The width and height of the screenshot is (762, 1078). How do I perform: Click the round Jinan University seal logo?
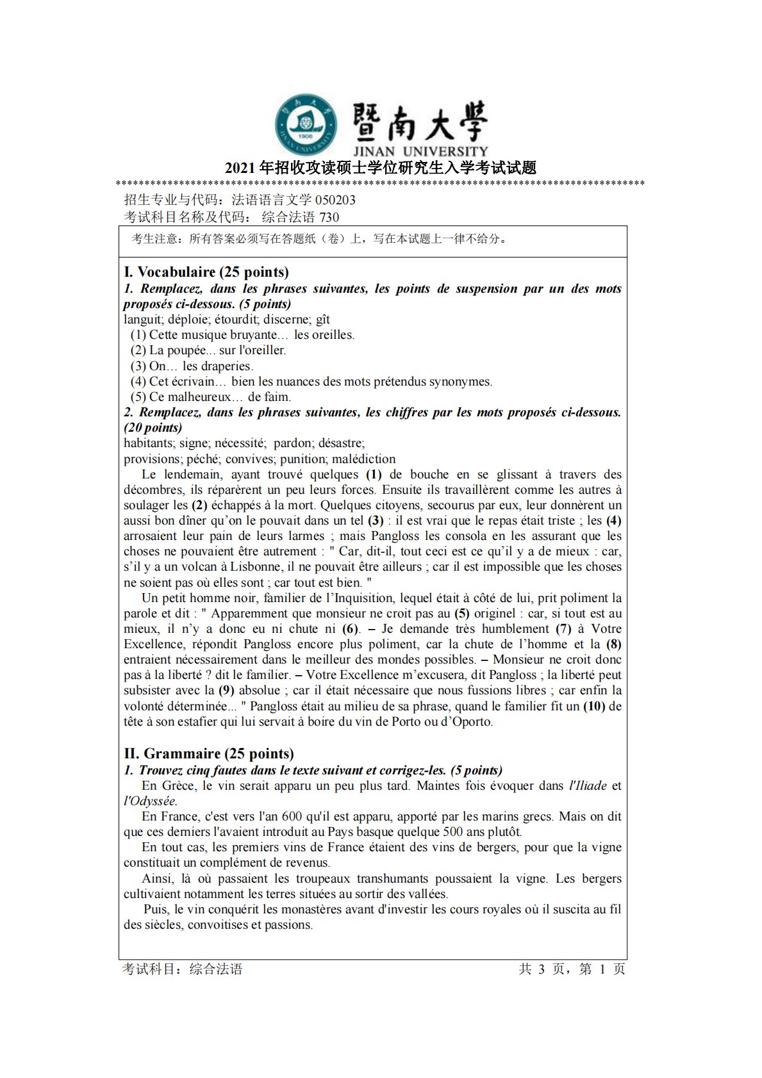306,126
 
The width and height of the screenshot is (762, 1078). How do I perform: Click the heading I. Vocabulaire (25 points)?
206,272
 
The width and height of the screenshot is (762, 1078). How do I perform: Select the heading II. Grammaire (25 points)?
208,754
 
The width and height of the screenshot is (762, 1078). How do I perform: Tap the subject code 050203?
335,200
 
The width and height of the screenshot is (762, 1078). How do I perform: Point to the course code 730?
329,217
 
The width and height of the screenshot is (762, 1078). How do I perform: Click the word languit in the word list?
142,320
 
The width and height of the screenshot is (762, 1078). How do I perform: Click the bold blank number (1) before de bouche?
374,475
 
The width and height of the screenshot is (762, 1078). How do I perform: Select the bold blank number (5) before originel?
461,614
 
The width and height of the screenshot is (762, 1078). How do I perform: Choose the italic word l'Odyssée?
150,801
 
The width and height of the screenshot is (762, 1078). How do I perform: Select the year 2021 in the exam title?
240,168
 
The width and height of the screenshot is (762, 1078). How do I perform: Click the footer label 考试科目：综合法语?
183,969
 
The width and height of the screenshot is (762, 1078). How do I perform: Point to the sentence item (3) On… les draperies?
192,366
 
